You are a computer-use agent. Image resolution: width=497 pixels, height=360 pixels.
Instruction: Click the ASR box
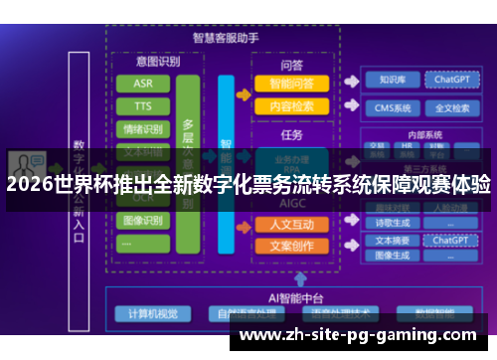click(x=143, y=84)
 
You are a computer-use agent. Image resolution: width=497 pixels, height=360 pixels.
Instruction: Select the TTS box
click(x=143, y=106)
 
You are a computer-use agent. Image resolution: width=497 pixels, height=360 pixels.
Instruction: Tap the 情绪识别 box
click(x=143, y=129)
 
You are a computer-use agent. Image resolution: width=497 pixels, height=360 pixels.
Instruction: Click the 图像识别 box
click(x=143, y=220)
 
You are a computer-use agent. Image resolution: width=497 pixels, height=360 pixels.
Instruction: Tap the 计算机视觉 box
click(x=153, y=314)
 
